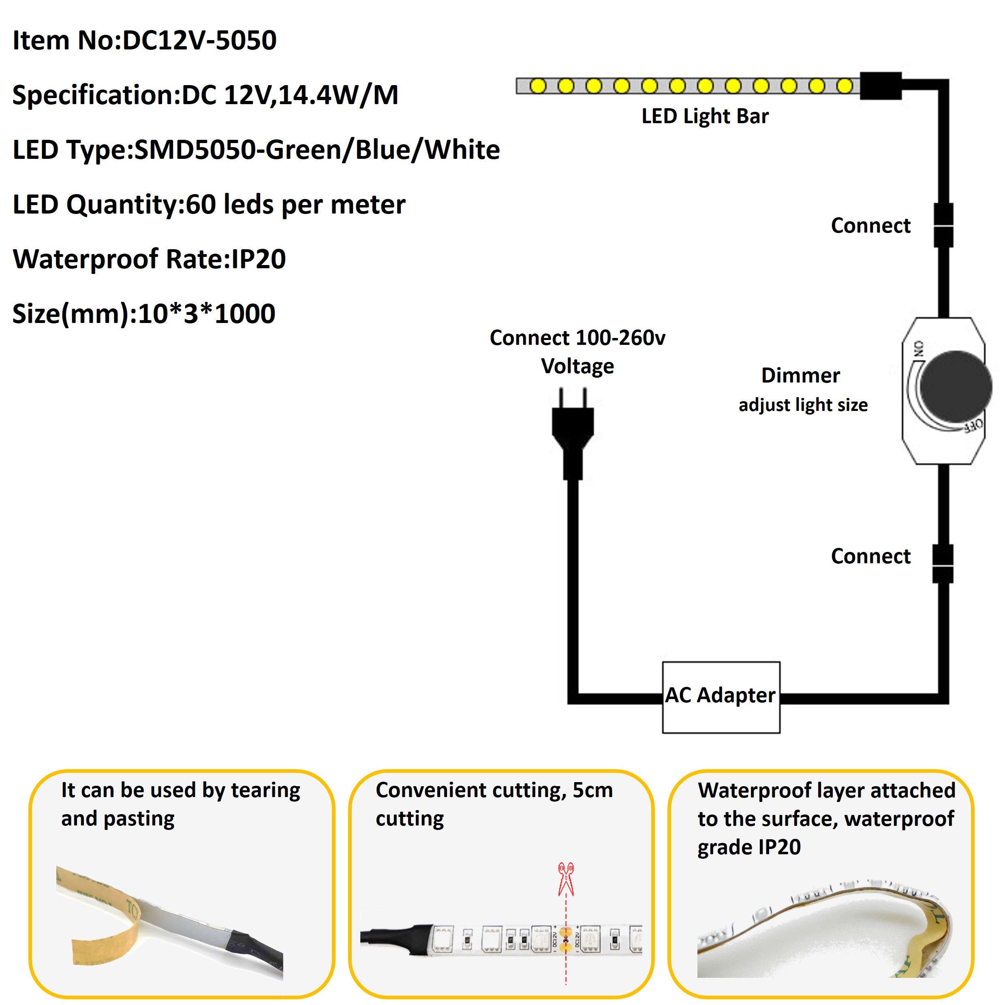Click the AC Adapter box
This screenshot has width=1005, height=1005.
[x=721, y=697]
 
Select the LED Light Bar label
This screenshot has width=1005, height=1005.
[x=705, y=116]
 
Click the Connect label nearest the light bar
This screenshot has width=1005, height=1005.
[x=870, y=226]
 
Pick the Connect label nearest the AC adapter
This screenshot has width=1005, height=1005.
[x=870, y=556]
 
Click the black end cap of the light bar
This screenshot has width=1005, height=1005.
[x=880, y=86]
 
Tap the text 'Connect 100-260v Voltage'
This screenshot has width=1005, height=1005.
[x=577, y=352]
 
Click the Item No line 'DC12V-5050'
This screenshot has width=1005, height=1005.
[x=199, y=41]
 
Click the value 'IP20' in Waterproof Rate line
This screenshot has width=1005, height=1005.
[x=259, y=259]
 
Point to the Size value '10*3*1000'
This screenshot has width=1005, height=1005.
[x=207, y=314]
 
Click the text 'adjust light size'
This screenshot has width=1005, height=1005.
[x=803, y=405]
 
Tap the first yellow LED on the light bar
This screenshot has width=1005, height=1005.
[x=538, y=86]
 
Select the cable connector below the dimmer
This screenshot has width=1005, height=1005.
[x=943, y=564]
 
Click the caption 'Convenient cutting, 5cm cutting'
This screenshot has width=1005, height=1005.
[x=494, y=804]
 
